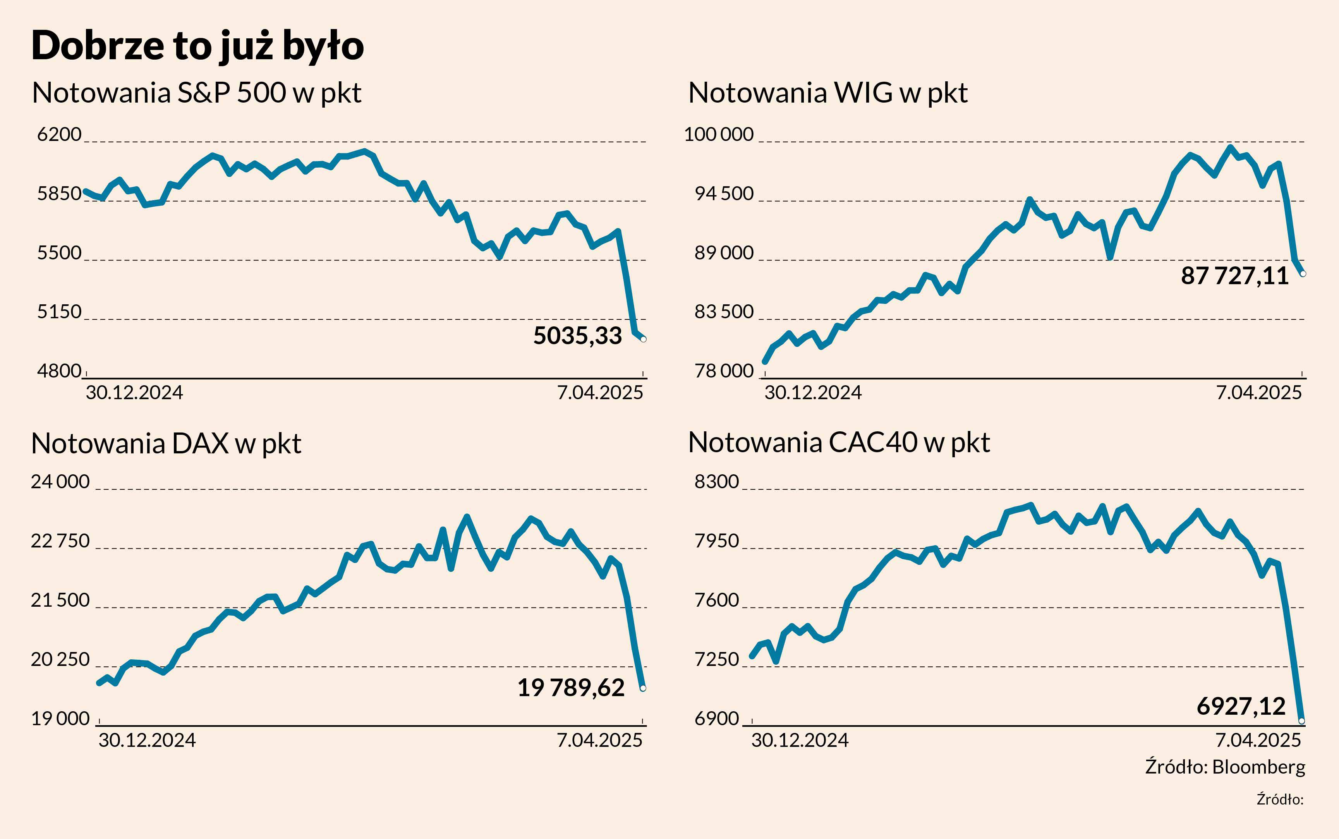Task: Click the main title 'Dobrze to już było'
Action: [197, 46]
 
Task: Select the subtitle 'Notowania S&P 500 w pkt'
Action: [196, 93]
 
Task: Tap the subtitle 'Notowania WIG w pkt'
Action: [827, 93]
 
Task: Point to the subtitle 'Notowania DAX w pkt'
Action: [166, 443]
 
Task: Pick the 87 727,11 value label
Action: [1234, 276]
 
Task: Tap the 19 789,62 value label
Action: [570, 688]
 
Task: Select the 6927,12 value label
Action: [1241, 706]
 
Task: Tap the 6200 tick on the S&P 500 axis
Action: [59, 134]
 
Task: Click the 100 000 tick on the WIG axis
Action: [719, 134]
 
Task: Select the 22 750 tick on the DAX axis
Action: [60, 541]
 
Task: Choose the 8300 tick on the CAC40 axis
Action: [716, 482]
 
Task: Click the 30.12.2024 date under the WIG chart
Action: [812, 393]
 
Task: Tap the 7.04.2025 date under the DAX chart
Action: [599, 740]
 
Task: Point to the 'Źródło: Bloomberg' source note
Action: [1225, 767]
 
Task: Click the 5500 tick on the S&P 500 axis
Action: [59, 253]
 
